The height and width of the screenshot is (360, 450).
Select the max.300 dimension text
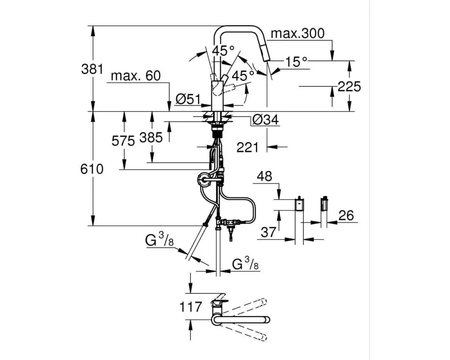[297, 34]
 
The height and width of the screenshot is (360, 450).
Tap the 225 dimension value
[349, 86]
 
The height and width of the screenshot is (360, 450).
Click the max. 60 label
[135, 76]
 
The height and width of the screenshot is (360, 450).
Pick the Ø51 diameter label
[187, 100]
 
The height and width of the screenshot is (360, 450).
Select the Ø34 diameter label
[265, 120]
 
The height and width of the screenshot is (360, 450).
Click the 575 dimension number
[123, 141]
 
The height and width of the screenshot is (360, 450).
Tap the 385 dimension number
[151, 137]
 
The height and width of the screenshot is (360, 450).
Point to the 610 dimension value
[92, 169]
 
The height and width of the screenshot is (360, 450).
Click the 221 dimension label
[247, 147]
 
